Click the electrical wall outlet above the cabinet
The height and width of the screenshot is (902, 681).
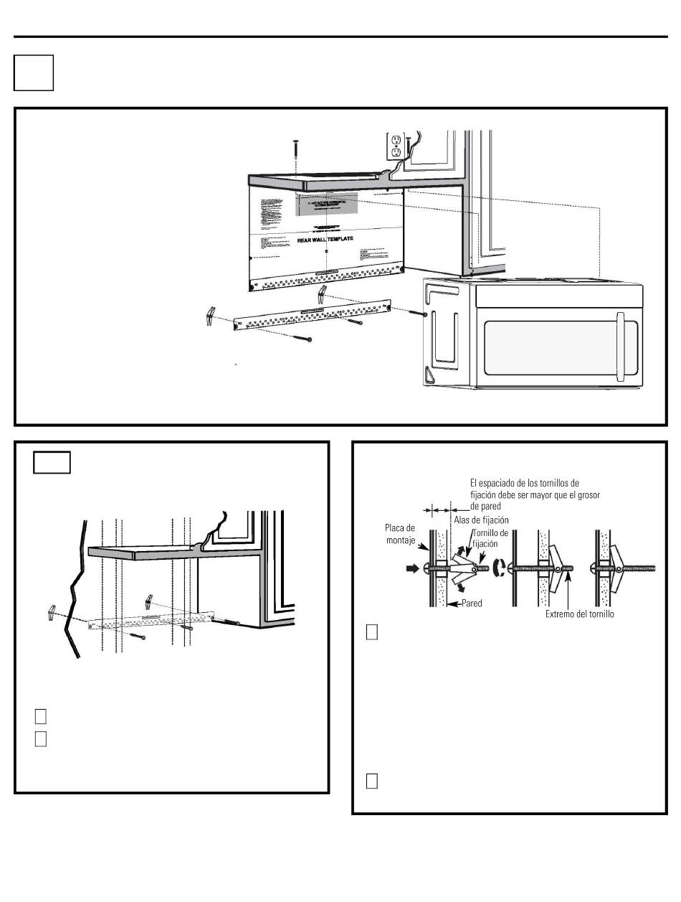click(x=396, y=146)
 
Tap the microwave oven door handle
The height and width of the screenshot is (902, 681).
click(x=622, y=347)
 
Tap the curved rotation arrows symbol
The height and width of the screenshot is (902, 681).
click(x=502, y=572)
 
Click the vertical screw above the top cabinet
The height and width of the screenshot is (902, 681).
click(x=295, y=151)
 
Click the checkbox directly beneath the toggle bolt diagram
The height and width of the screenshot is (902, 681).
click(x=371, y=631)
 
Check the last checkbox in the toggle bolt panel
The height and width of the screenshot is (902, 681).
click(x=371, y=781)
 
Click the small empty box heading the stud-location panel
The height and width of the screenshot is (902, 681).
click(x=52, y=463)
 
